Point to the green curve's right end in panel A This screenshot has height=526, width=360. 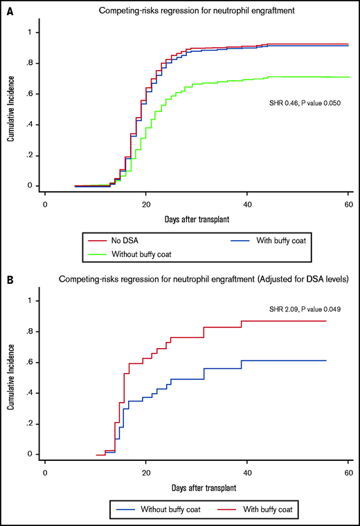pos(348,77)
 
